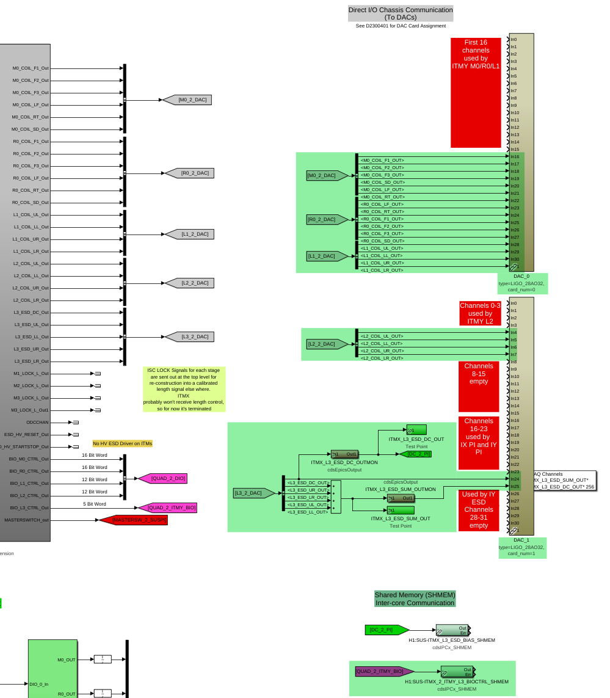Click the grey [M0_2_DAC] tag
coord(190,100)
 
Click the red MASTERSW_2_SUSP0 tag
coord(136,520)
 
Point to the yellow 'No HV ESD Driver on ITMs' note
coord(123,443)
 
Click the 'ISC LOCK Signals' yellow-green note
coord(184,389)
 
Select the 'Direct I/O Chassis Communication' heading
coord(401,13)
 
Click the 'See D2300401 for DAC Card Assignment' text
coord(401,26)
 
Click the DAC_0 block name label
coord(521,276)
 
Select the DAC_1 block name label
coord(521,540)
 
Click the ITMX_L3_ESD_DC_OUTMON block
coord(344,454)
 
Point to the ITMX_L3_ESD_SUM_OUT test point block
coord(400,510)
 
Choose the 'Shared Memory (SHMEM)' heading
coord(415,598)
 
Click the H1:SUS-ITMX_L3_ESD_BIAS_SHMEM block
coord(452,630)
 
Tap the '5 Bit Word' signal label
coord(94,504)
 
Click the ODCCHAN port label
coord(37,422)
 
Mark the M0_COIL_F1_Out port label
coord(31,68)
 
